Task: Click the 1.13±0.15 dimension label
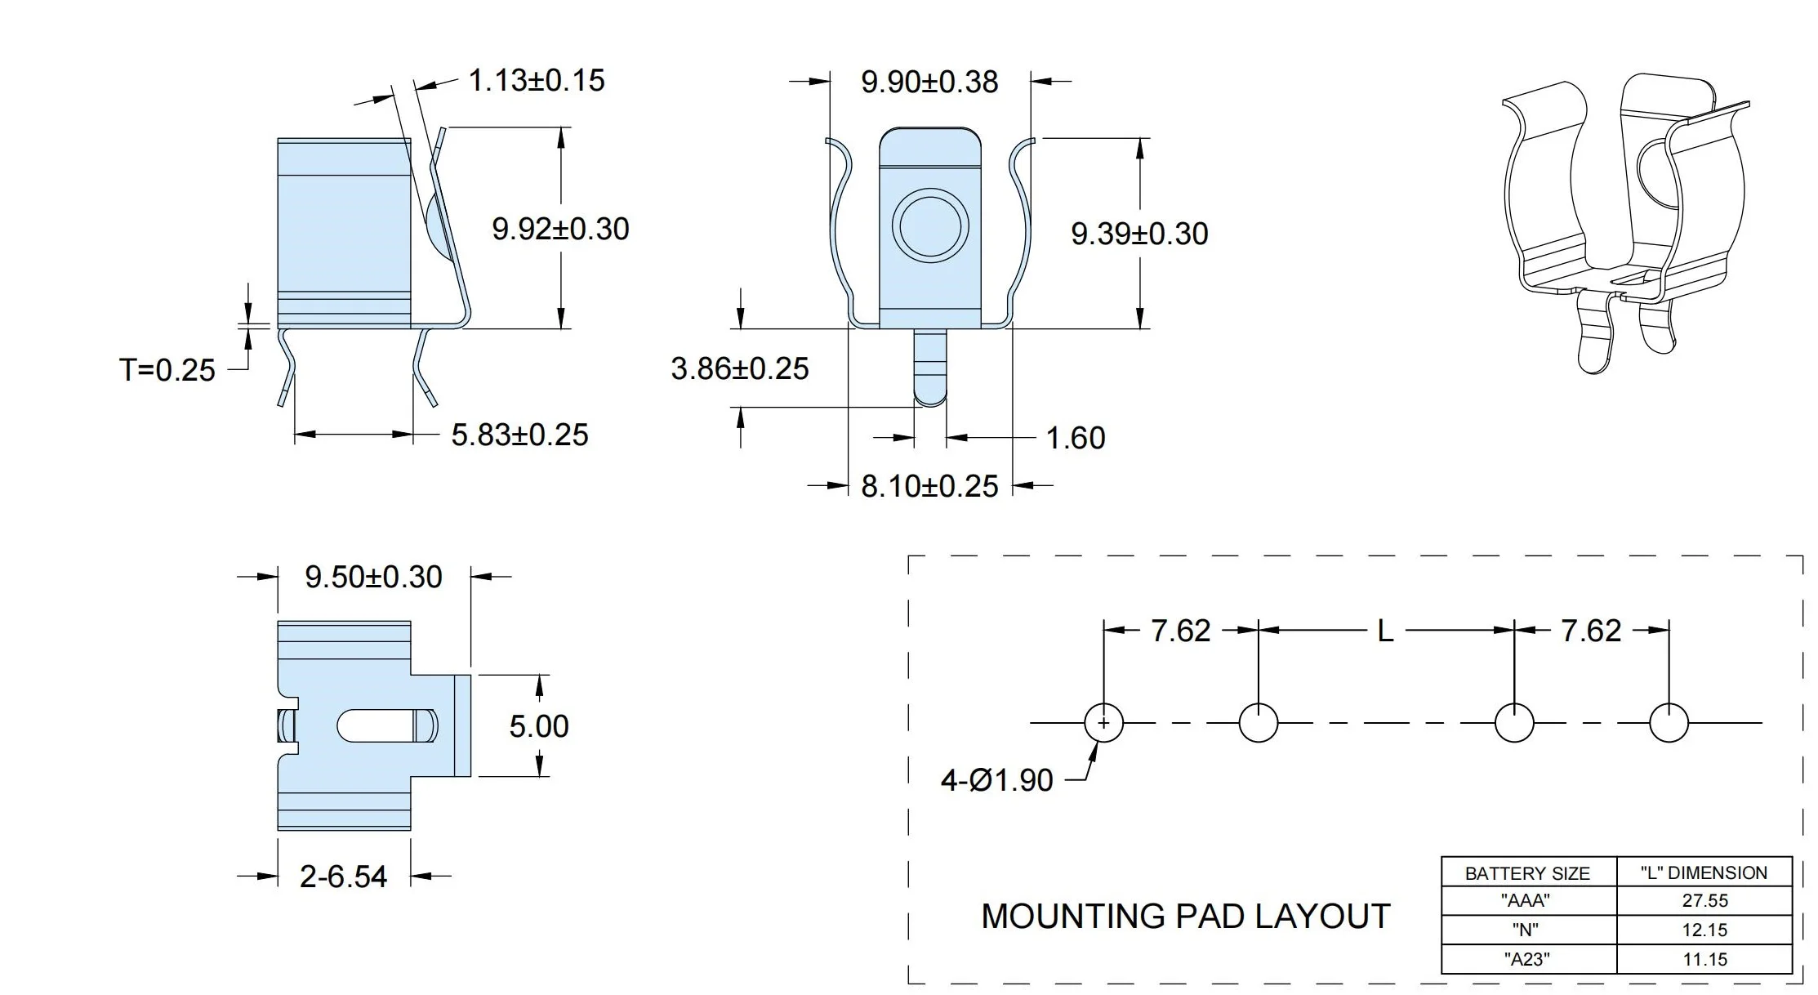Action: tap(536, 81)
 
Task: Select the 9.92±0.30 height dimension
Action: tap(560, 229)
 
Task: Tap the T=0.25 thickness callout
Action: tap(167, 370)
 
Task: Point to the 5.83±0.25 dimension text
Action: tap(519, 435)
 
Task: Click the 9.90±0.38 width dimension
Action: tap(929, 82)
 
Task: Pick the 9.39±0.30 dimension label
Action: tap(1139, 234)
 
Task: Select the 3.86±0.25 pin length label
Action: tap(740, 368)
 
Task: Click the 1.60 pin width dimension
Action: tap(1076, 438)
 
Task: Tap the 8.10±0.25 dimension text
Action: tap(929, 486)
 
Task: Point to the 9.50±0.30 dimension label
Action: tap(373, 577)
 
